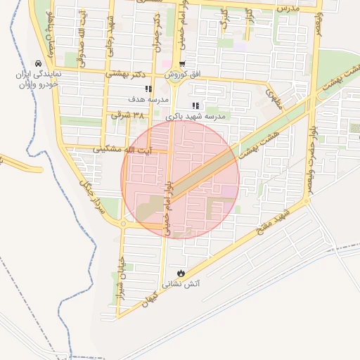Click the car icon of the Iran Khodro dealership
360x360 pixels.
[37, 63]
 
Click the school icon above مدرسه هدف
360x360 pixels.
[148, 89]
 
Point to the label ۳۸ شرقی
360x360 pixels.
[127, 115]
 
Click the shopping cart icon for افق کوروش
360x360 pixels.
[182, 65]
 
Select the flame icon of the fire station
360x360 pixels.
[181, 272]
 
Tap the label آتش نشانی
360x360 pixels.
[181, 284]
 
